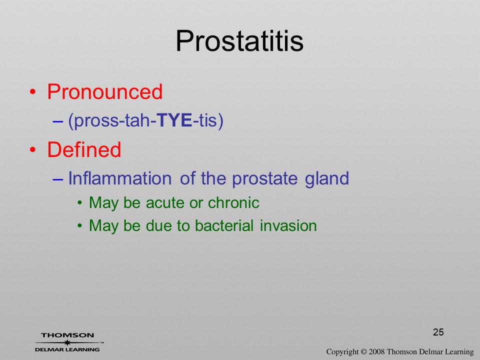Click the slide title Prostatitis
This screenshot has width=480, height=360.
(239, 41)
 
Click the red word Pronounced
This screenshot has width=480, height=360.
(104, 91)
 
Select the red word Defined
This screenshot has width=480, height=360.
(84, 149)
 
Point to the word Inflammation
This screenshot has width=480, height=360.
(119, 178)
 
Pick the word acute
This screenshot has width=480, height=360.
(165, 202)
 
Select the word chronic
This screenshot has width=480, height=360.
(233, 202)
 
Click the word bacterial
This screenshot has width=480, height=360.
(224, 225)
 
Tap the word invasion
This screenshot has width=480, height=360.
(288, 226)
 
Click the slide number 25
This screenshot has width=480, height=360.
(438, 332)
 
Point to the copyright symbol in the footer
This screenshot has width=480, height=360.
(363, 351)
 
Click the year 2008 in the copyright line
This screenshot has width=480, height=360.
(377, 351)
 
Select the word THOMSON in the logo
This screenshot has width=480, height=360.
(67, 335)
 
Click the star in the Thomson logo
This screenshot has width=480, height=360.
(67, 342)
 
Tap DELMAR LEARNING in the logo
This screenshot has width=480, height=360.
(67, 349)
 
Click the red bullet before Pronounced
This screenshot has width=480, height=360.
(33, 92)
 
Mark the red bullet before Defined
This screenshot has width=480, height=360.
(33, 149)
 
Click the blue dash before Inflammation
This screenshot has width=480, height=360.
(57, 179)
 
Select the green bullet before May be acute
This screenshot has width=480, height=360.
(80, 202)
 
